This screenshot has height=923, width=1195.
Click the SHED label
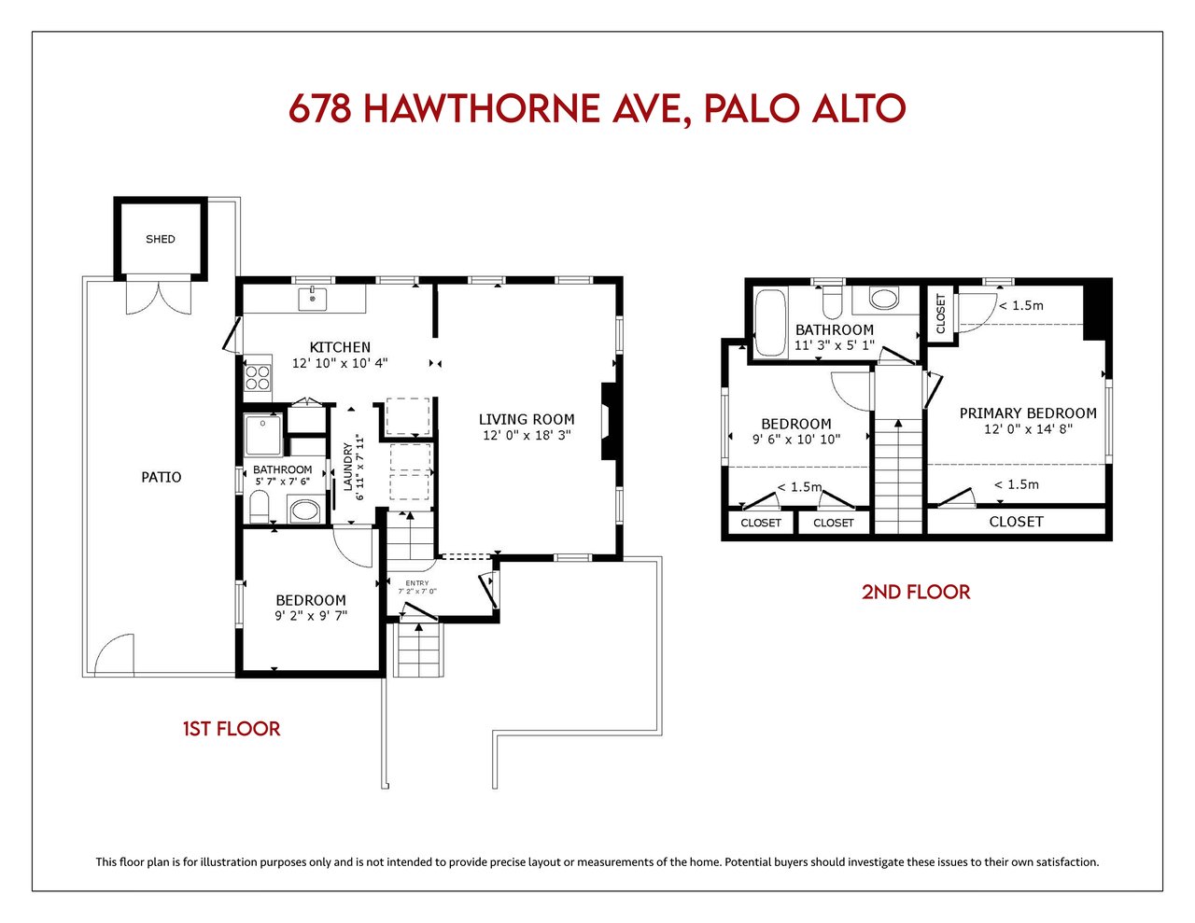160,239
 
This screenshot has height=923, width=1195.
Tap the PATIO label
162,477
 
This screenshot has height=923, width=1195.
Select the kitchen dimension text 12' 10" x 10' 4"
340,363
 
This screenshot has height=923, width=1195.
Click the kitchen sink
313,300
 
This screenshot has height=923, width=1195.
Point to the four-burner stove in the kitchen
258,377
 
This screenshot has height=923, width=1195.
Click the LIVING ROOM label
527,419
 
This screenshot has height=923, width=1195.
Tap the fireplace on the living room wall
609,421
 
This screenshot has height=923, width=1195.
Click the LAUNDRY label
347,468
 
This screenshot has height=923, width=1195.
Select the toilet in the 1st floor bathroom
259,507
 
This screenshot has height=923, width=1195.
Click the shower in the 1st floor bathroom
263,435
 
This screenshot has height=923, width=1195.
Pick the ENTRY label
416,583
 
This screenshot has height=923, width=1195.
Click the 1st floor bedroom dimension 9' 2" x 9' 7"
311,616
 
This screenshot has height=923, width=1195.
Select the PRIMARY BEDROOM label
1028,413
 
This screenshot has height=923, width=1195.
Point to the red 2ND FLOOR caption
916,593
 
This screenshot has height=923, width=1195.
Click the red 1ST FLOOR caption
232,730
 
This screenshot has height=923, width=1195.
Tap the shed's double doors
159,298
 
